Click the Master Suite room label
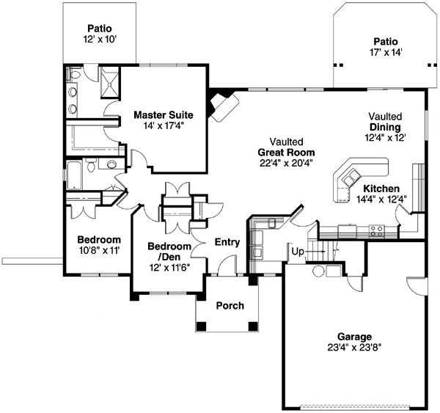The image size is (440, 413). [163, 114]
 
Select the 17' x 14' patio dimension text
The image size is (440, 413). [386, 52]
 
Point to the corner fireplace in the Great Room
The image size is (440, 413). [221, 105]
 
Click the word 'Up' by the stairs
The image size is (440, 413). [298, 252]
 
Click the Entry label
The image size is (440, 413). [228, 241]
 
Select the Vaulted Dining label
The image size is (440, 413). [385, 121]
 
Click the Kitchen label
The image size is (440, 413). [381, 189]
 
